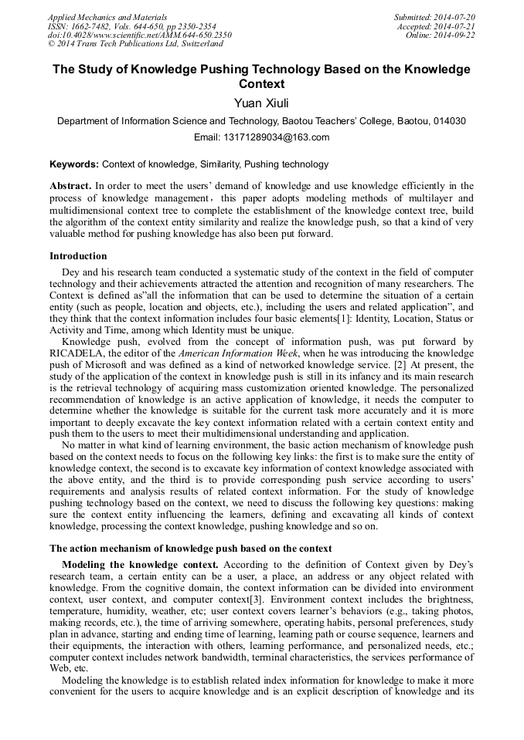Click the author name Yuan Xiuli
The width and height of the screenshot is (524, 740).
coord(261,103)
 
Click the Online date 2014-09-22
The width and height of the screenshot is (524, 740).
coord(456,35)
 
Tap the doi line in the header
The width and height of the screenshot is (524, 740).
coord(139,35)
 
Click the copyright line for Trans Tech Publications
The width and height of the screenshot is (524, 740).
coord(135,45)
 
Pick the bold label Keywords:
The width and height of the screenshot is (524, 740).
coord(74,164)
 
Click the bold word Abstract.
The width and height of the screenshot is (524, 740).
coord(70,186)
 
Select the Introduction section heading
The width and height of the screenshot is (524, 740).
coord(78,256)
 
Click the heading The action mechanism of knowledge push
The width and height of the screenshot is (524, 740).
coord(190,549)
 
